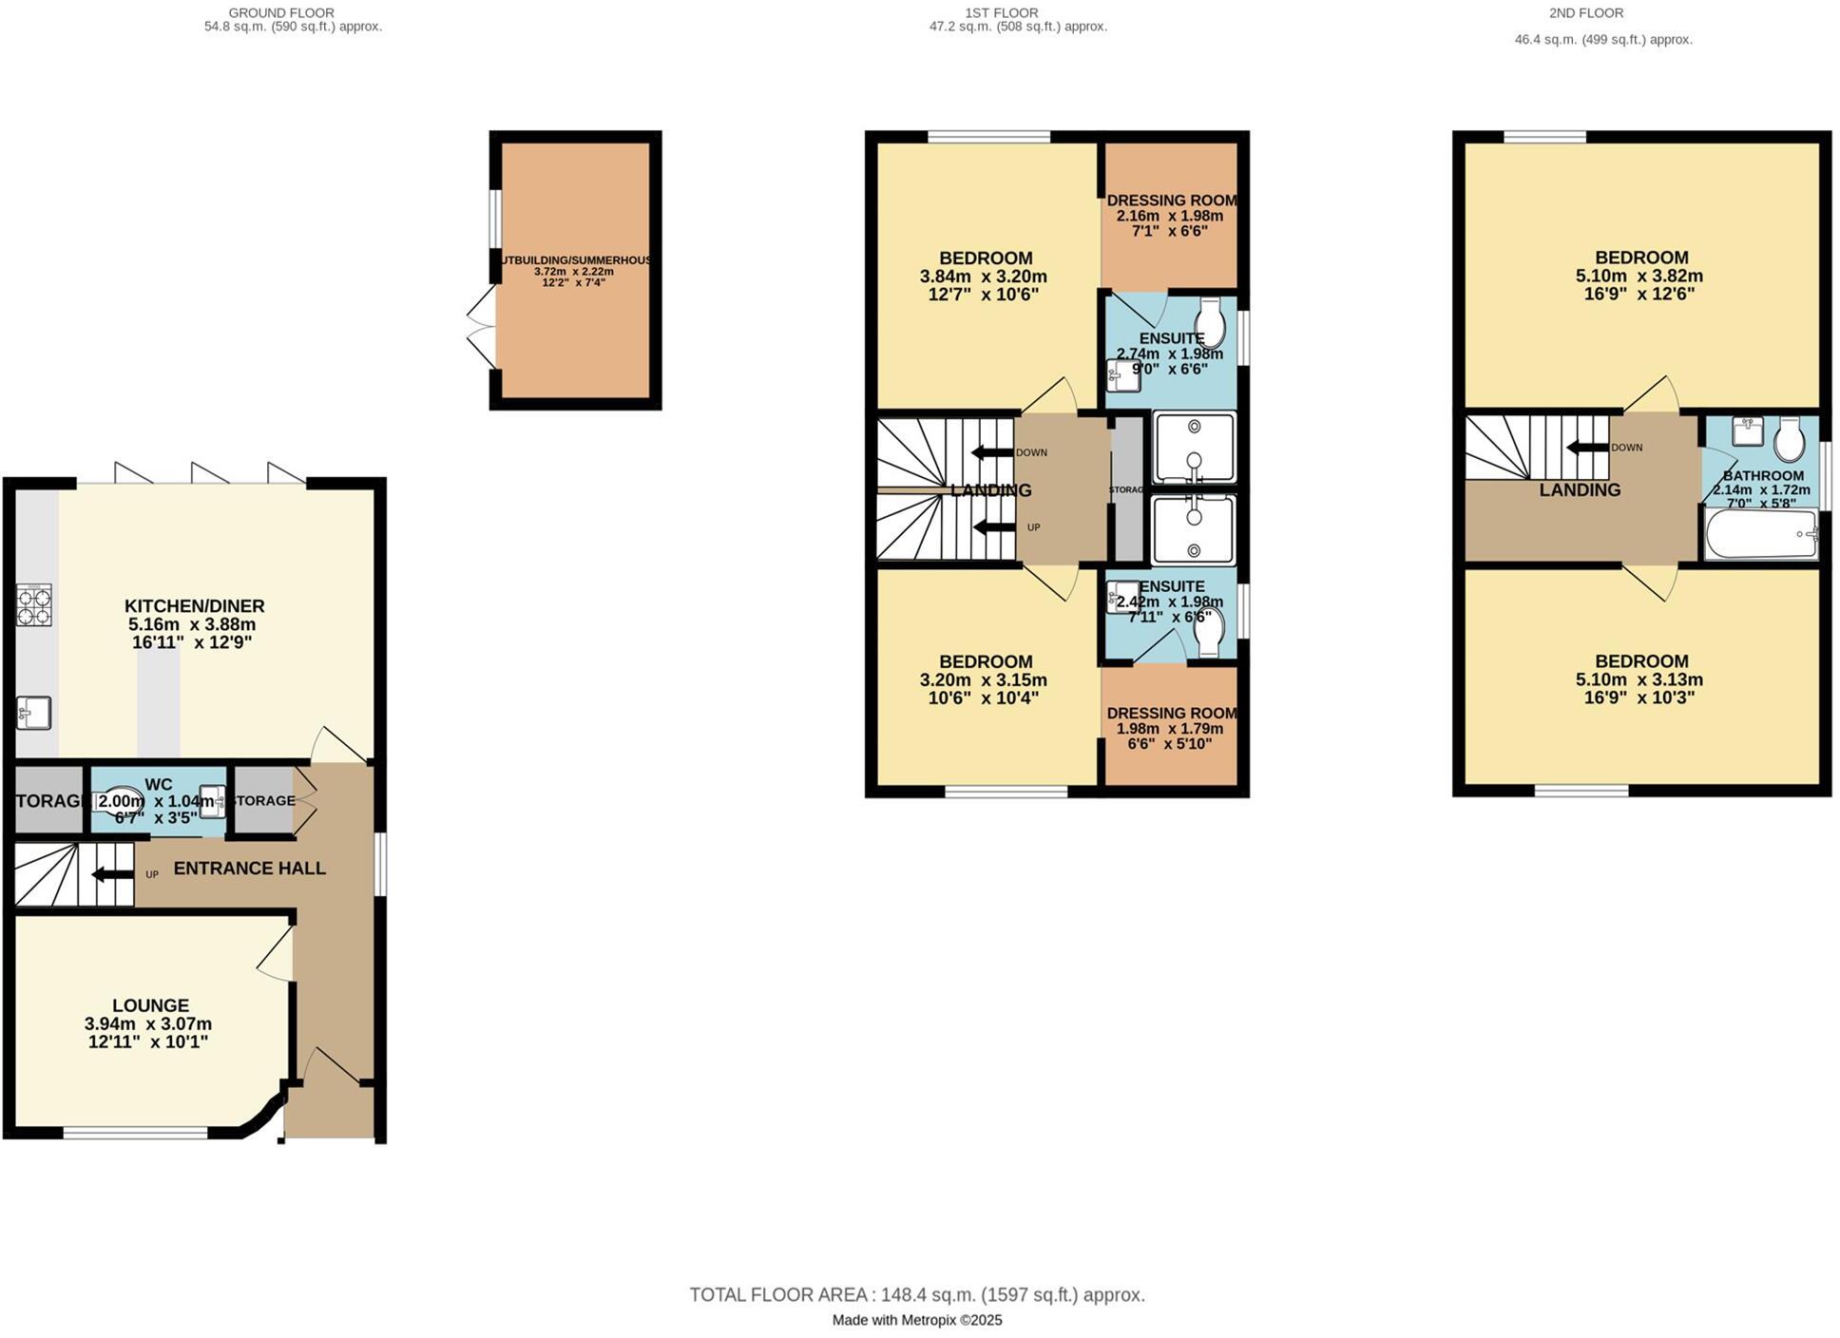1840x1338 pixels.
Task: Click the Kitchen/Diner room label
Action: pos(194,606)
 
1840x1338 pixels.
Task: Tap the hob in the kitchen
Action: pos(33,604)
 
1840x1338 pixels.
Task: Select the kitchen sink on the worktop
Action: pos(33,713)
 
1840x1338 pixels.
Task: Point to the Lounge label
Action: pos(150,1005)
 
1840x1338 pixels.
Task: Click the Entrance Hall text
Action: pos(249,869)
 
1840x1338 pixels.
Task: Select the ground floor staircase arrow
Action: pos(112,874)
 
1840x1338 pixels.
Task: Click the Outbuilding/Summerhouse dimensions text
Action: pos(573,277)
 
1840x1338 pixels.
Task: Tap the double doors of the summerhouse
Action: pos(482,327)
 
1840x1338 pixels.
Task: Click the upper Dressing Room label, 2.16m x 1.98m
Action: pos(1171,201)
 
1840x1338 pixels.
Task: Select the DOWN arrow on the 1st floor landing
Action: pos(990,452)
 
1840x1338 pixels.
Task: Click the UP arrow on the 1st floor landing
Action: pos(994,527)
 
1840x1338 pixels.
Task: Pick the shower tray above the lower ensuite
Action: pos(1194,528)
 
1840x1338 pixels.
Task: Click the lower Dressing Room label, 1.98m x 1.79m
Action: pos(1171,713)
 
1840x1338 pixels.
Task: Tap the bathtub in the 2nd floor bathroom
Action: pos(1760,535)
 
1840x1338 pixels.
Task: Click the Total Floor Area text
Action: pos(916,1294)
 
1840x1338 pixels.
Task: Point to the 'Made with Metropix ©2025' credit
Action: pos(916,1320)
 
